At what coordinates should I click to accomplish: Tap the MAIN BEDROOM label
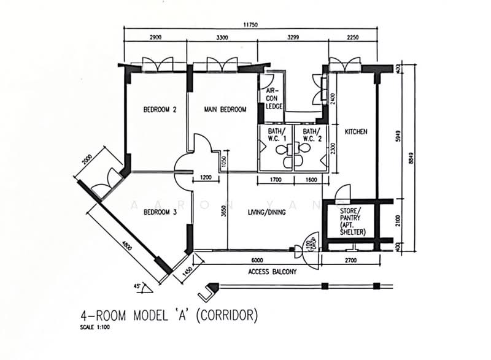[x=225, y=110]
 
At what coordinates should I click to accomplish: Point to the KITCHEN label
[x=355, y=132]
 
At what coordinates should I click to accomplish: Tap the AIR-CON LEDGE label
[x=273, y=98]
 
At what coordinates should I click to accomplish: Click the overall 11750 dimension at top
[x=249, y=25]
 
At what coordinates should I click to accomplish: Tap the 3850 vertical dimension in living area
[x=224, y=212]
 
